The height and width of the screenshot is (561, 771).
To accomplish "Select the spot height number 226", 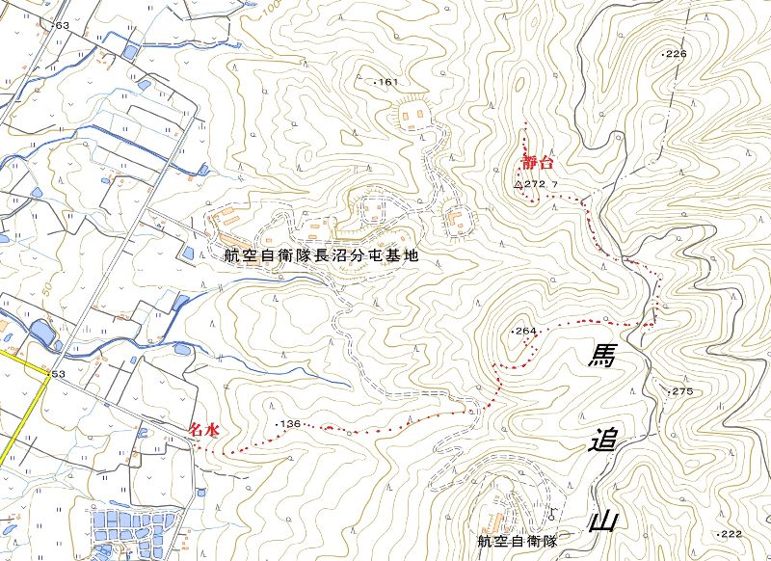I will coord(676,54).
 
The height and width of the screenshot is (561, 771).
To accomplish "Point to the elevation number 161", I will coord(388,82).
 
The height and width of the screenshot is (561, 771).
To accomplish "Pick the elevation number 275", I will coord(682,391).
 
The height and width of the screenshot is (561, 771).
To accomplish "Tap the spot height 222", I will coord(731,534).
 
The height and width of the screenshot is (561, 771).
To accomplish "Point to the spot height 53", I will coord(57,374).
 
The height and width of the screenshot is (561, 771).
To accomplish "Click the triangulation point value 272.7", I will coord(542,183).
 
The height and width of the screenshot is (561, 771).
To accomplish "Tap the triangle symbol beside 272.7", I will coord(518,183).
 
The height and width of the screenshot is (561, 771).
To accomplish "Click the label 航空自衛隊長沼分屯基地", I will coord(321,257).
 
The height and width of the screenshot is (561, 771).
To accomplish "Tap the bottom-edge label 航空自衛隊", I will coord(518,542).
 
